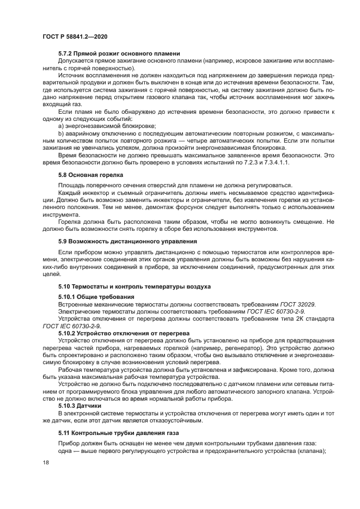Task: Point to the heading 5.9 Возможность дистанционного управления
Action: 127,241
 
